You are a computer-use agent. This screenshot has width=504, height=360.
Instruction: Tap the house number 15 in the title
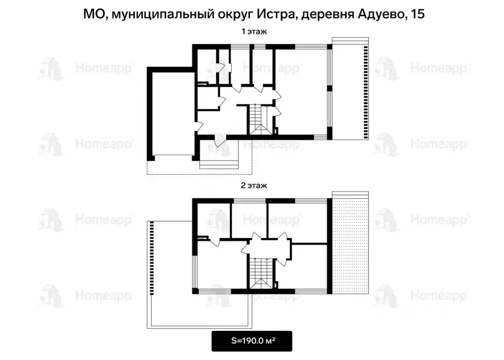tap(417, 14)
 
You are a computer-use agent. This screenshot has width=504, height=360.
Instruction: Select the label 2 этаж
tap(253, 186)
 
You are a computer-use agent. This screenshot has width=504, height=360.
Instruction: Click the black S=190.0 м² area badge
tap(252, 341)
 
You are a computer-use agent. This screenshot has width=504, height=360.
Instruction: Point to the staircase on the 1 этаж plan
tap(257, 120)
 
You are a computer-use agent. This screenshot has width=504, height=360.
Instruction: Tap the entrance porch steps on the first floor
tap(218, 163)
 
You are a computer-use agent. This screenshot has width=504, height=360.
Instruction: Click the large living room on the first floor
tap(300, 91)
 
